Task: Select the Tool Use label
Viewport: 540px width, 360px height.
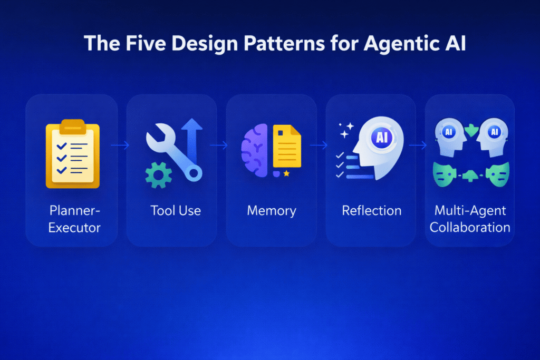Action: point(176,211)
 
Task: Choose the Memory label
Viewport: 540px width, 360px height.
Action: point(272,211)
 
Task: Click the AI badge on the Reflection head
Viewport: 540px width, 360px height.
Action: point(381,138)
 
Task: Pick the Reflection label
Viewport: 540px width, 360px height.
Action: point(372,211)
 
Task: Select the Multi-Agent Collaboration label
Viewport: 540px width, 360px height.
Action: point(470,219)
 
